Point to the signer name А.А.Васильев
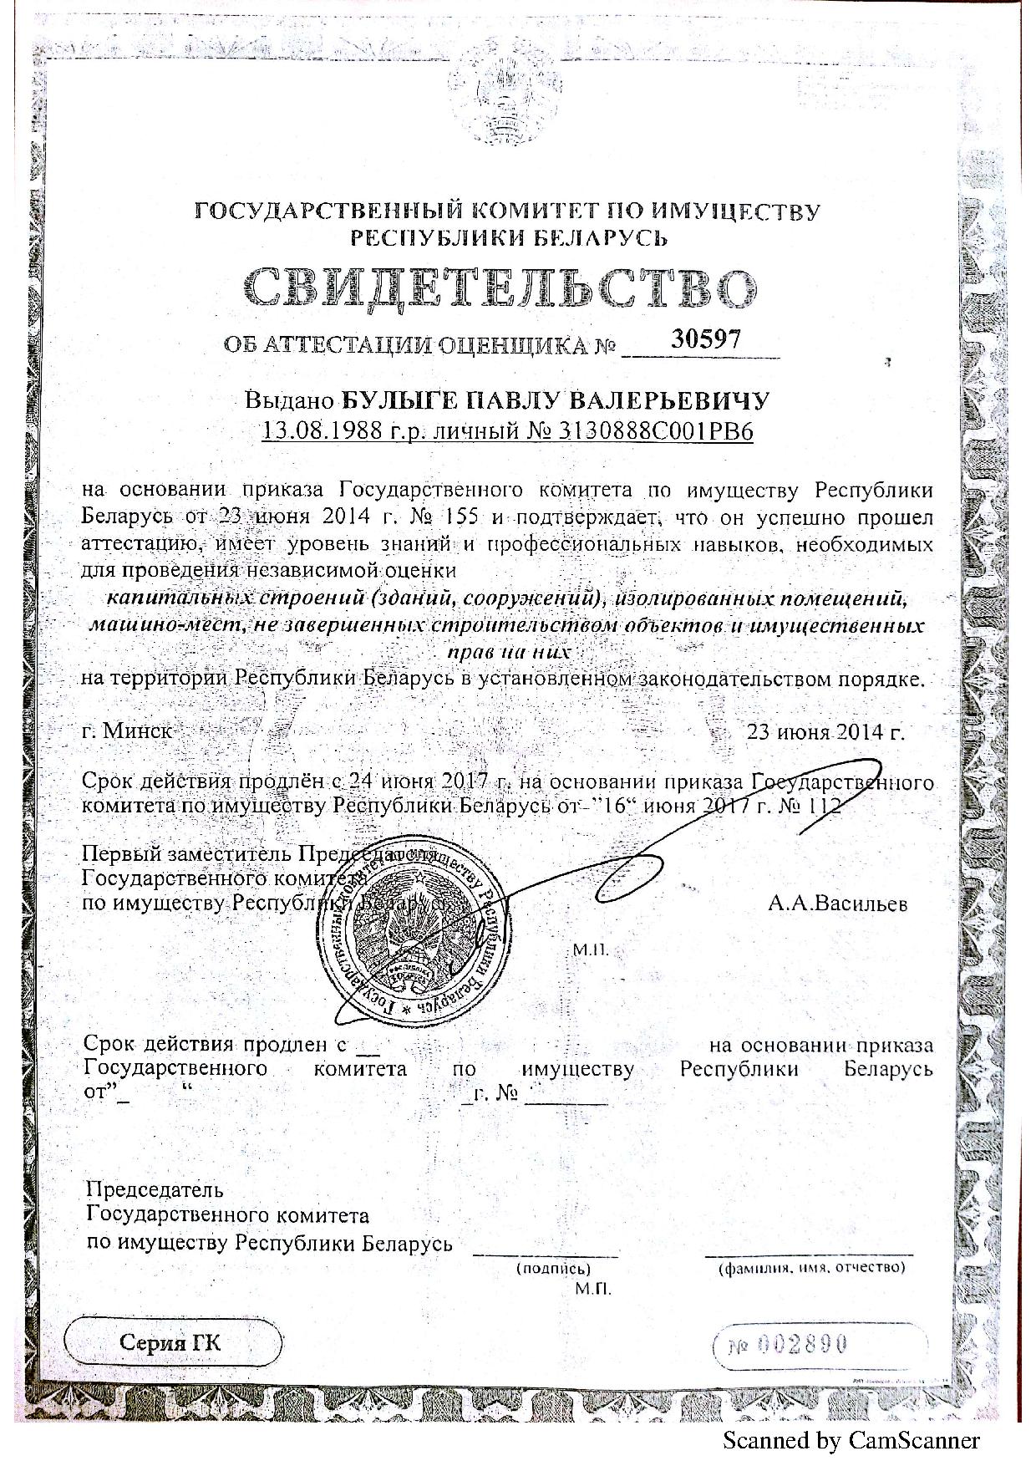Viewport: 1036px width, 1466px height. (x=836, y=904)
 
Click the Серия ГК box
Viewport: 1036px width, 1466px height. (x=171, y=1343)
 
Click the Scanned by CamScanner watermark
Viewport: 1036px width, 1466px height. (x=850, y=1440)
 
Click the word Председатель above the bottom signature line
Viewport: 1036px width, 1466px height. (x=155, y=1189)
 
